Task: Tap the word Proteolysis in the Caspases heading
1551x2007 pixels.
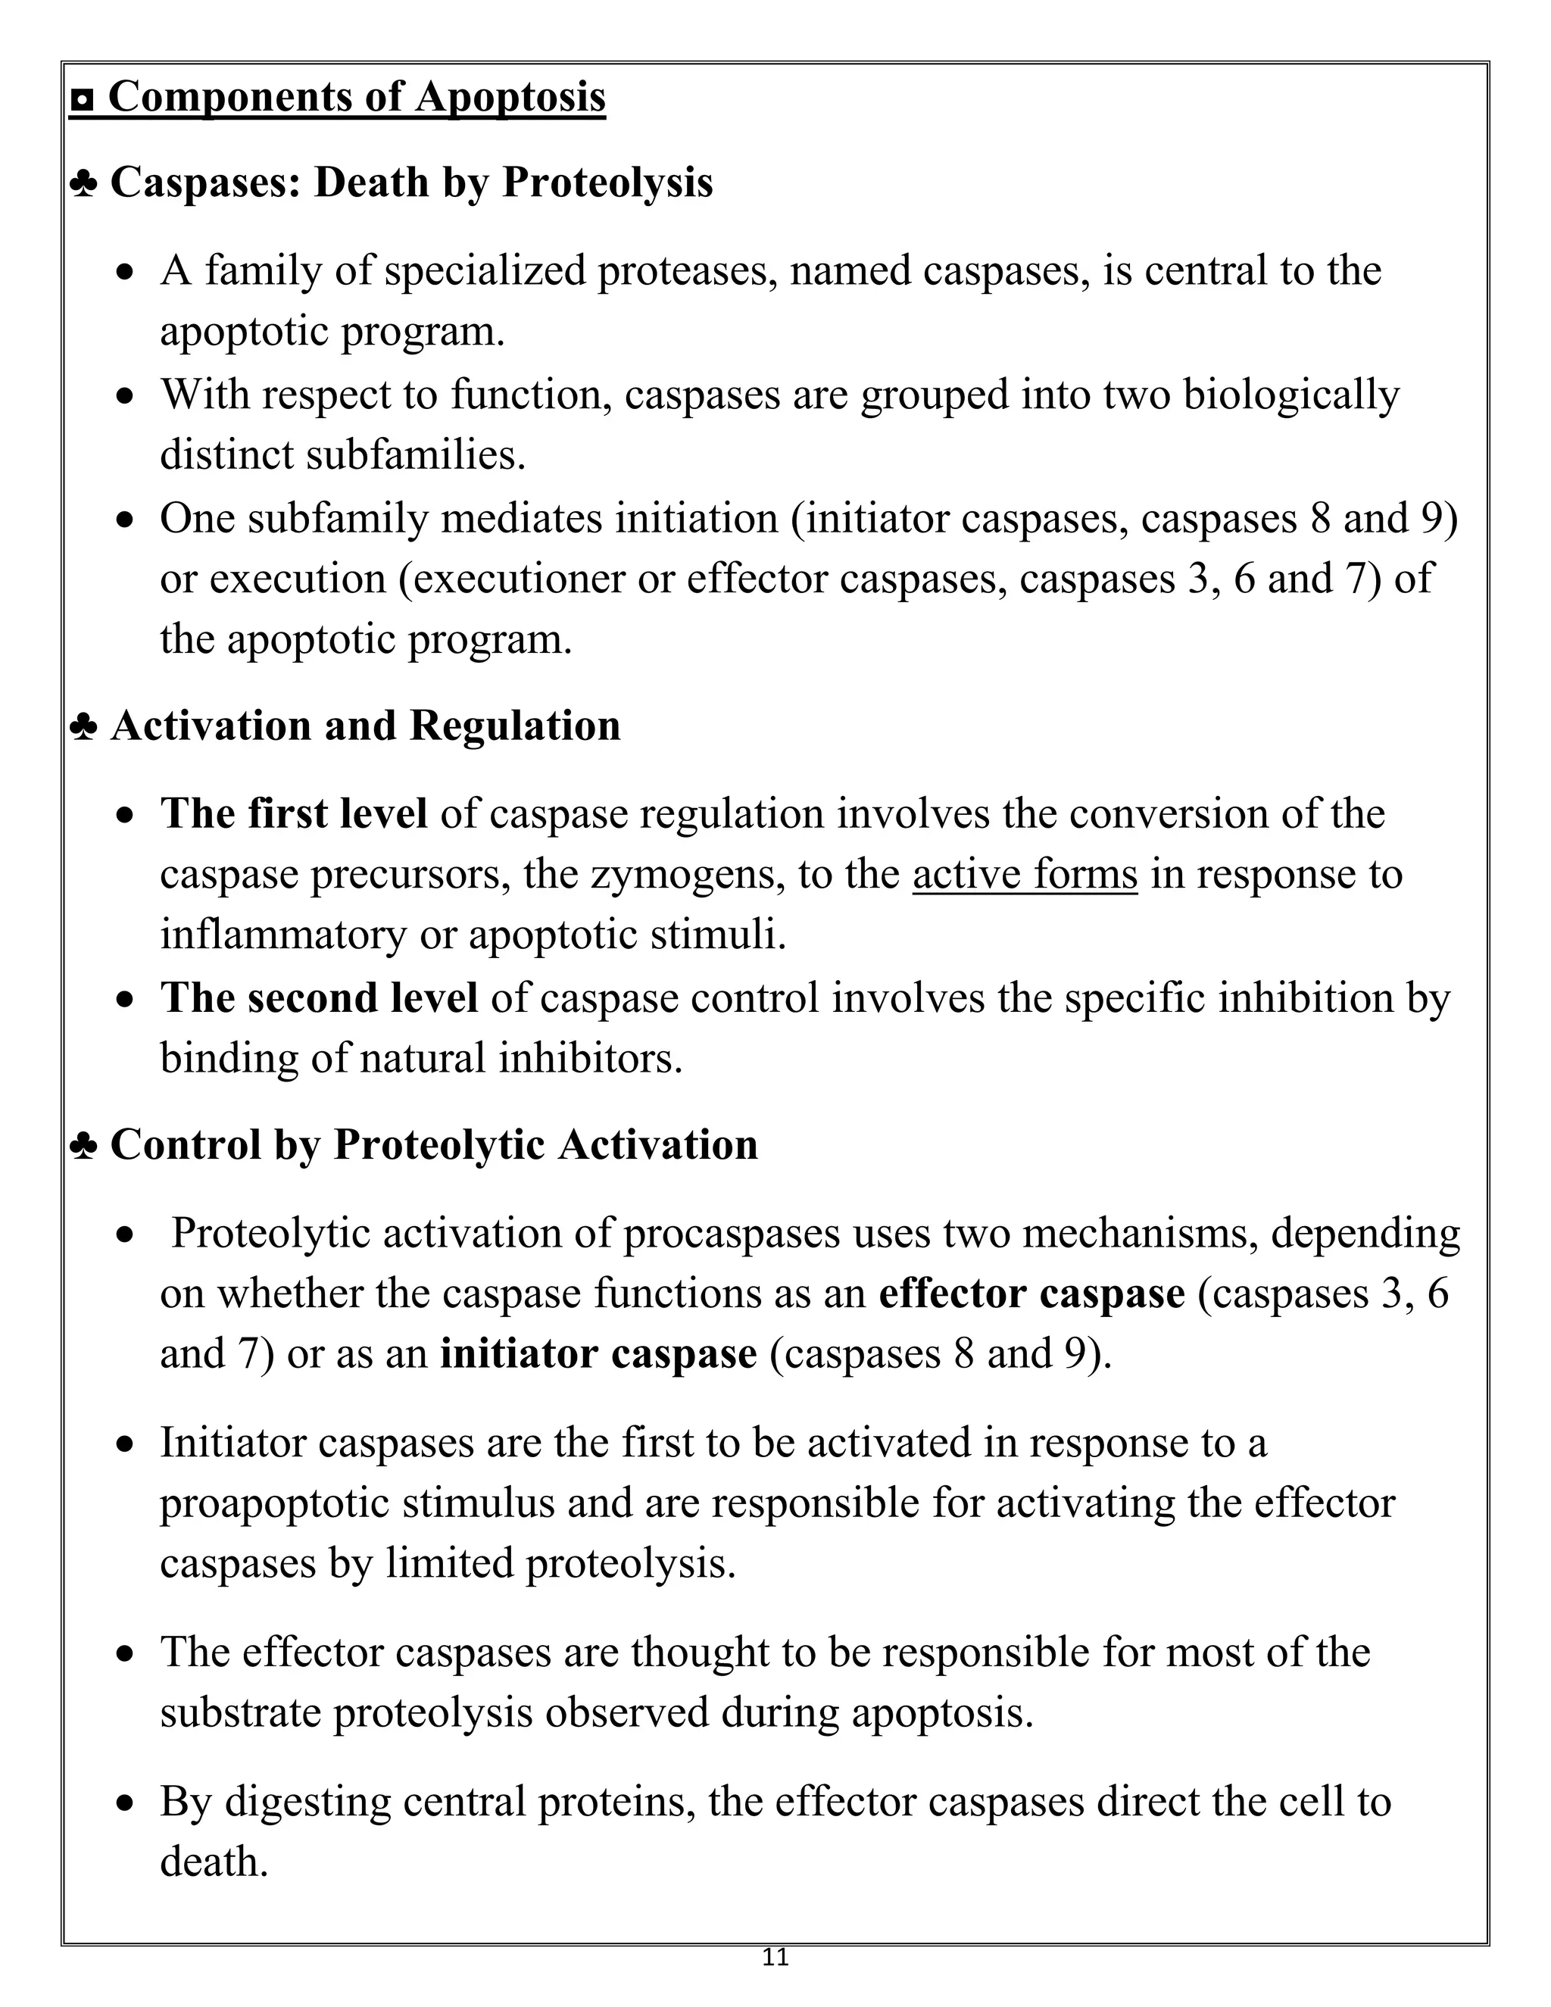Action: [x=607, y=182]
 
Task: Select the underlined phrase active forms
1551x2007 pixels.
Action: [x=1025, y=874]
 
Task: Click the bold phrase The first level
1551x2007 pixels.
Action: [x=294, y=814]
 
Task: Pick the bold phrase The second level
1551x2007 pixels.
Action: [x=319, y=998]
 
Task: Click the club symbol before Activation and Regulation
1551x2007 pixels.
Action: [x=83, y=727]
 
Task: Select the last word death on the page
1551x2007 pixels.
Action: [x=213, y=1862]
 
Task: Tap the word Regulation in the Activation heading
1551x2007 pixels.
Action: [x=514, y=726]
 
